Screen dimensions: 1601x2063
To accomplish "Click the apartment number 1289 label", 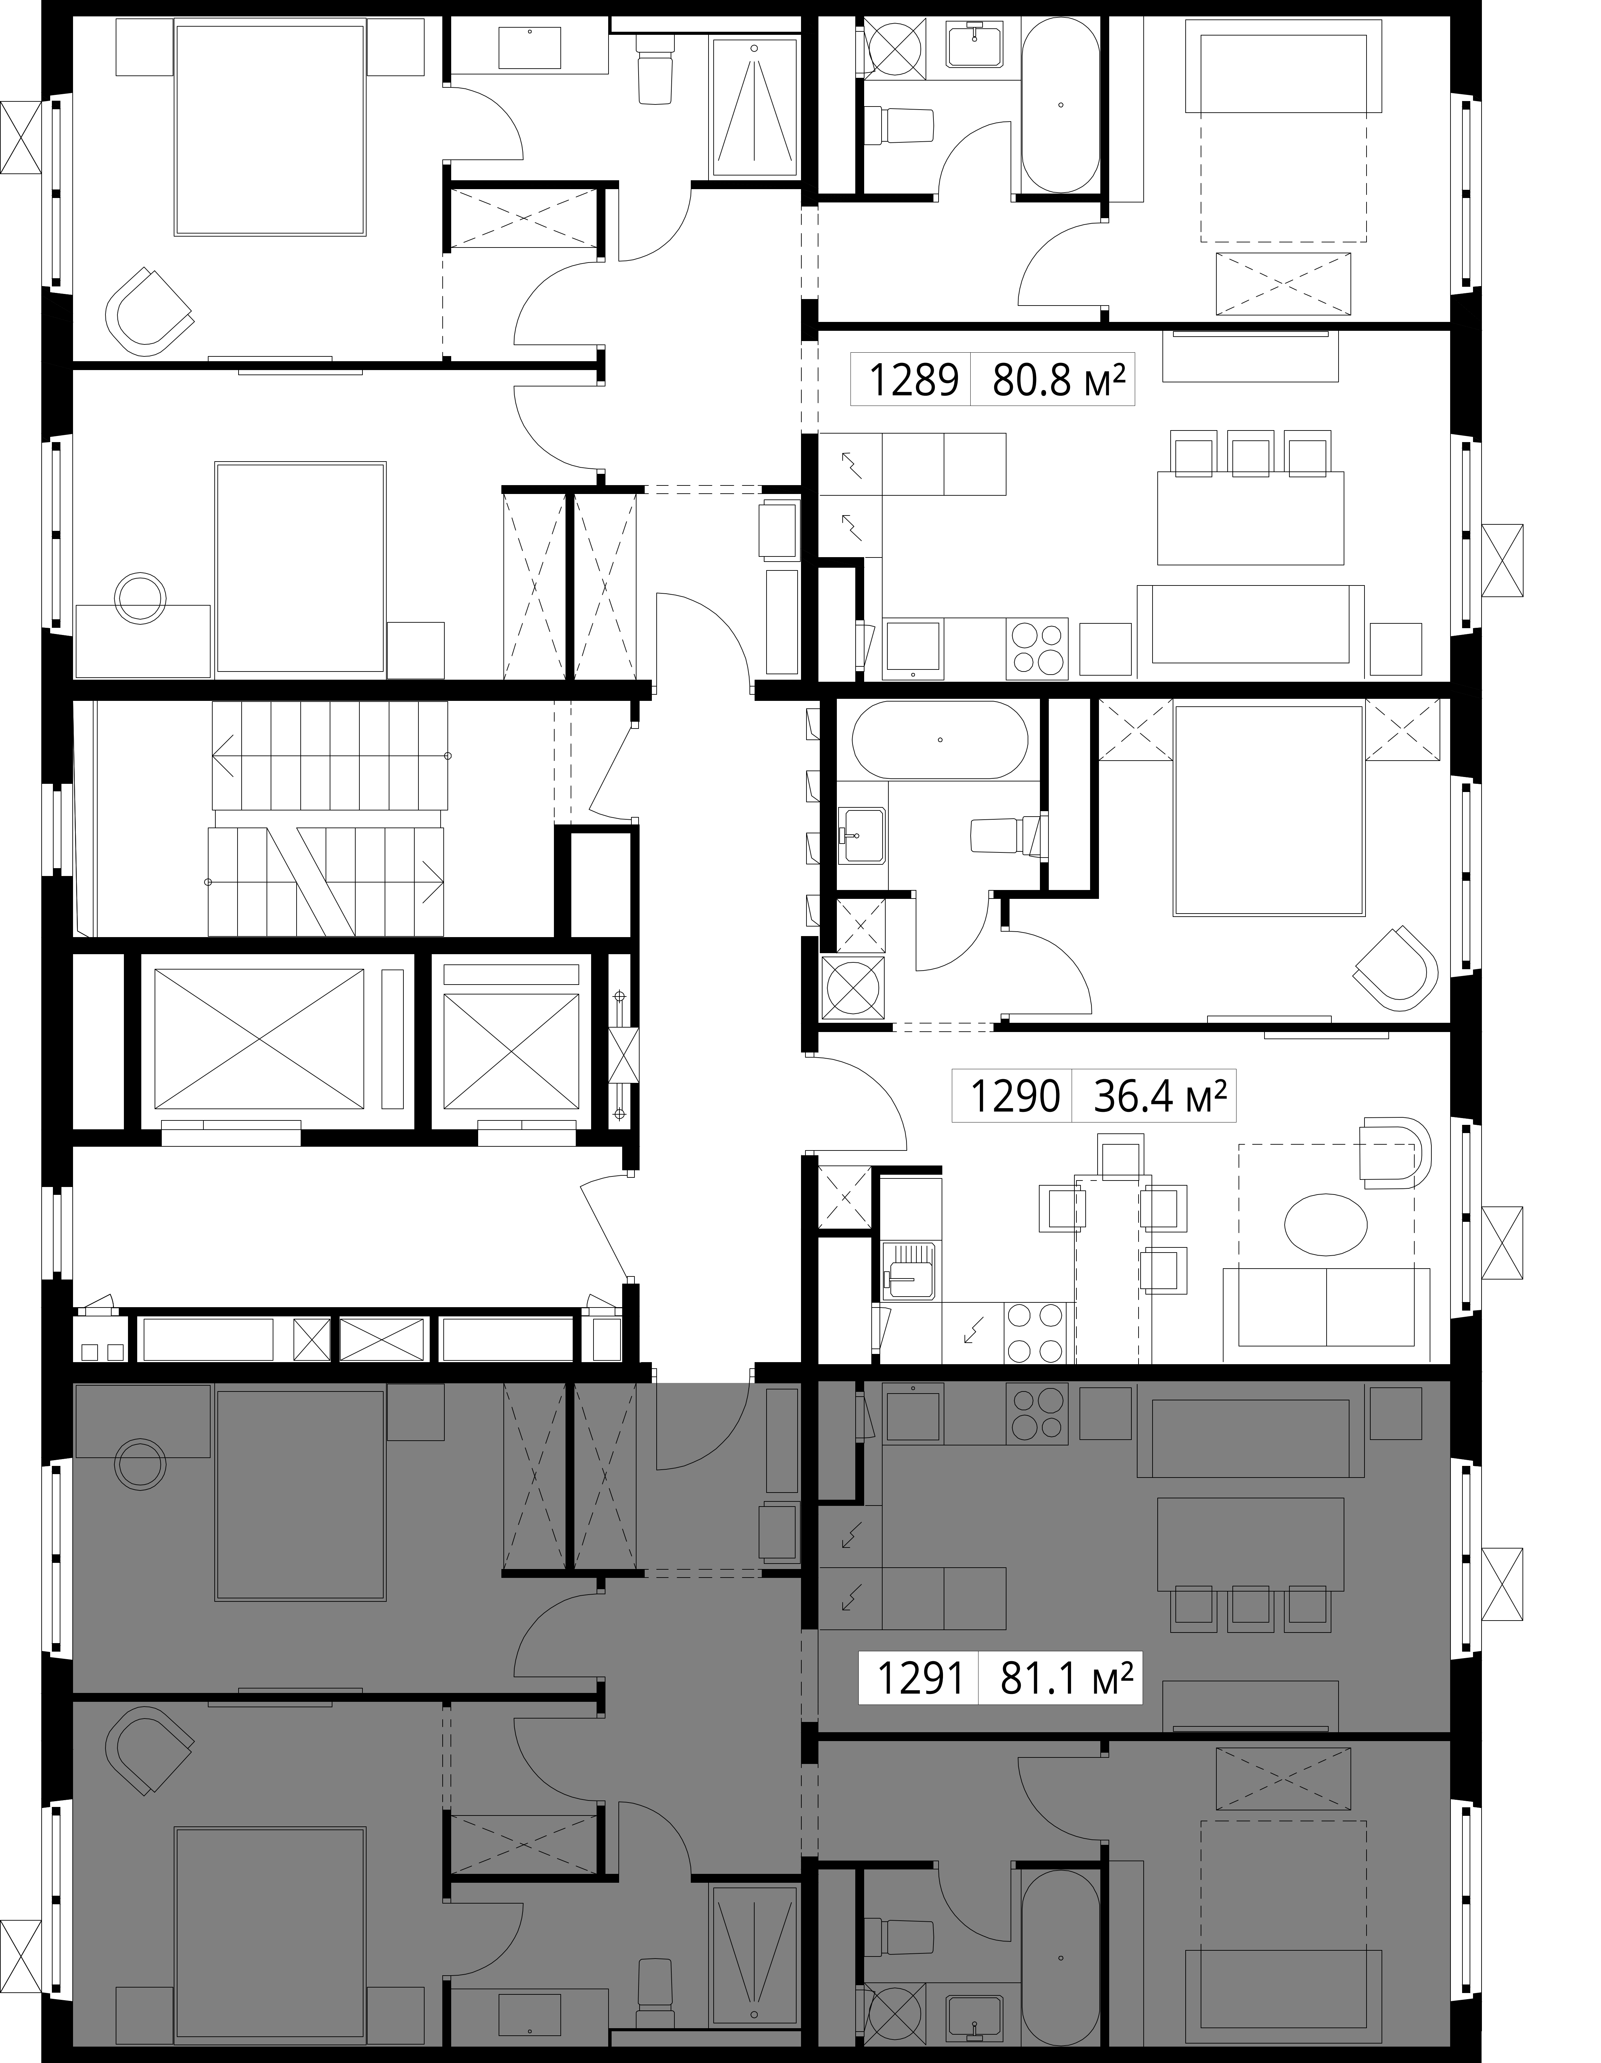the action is coord(912,380).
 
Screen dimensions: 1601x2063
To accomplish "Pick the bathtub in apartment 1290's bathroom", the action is coord(940,740).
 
